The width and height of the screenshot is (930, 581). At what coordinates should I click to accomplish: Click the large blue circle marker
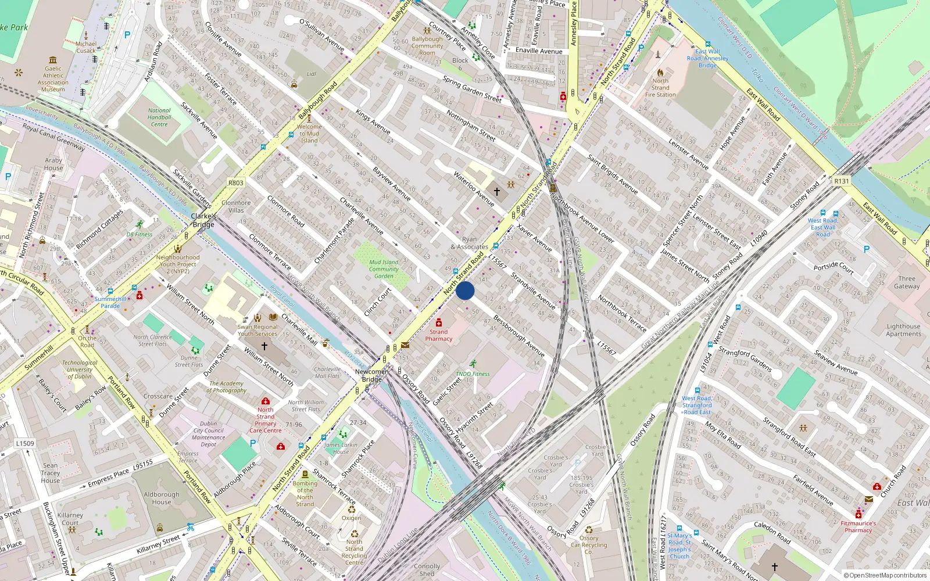tap(465, 290)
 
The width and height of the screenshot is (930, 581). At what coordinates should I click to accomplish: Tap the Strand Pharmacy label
tap(439, 335)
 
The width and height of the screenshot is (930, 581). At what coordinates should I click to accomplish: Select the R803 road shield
tap(235, 182)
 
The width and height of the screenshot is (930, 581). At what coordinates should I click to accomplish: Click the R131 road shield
tap(841, 181)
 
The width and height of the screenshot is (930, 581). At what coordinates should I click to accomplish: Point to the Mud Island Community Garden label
tap(384, 269)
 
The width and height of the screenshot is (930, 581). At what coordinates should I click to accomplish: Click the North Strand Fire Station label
tap(660, 88)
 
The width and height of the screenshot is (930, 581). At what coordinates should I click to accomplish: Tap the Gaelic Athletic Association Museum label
tap(53, 79)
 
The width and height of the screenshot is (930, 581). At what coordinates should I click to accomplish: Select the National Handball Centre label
tap(159, 117)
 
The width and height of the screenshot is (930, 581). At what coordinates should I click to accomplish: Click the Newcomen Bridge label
tap(372, 375)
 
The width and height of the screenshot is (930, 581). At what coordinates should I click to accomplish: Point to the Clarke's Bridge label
tap(203, 220)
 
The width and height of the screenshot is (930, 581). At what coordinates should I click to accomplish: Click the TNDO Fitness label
tap(473, 374)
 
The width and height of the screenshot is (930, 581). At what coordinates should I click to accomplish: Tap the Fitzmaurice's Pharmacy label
tap(859, 526)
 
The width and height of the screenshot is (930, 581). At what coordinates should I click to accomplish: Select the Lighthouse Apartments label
tap(903, 330)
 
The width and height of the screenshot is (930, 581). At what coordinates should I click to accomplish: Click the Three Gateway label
tap(907, 282)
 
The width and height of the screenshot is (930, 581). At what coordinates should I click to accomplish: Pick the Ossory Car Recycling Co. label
tap(588, 545)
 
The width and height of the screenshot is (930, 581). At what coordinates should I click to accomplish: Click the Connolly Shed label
tap(427, 569)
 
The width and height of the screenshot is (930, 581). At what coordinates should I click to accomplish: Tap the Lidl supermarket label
tap(312, 74)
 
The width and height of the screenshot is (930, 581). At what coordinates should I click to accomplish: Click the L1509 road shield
tap(25, 443)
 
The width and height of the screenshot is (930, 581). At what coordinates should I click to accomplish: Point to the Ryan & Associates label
tap(469, 243)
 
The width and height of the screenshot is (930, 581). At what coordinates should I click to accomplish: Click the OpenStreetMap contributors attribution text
tap(885, 575)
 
